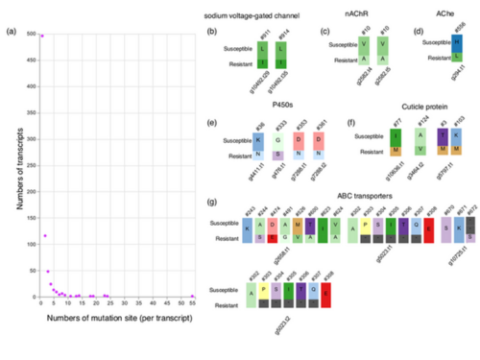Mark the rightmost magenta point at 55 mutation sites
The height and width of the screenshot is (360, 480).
pos(192,296)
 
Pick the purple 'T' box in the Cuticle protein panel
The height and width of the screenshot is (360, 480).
pos(416,138)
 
